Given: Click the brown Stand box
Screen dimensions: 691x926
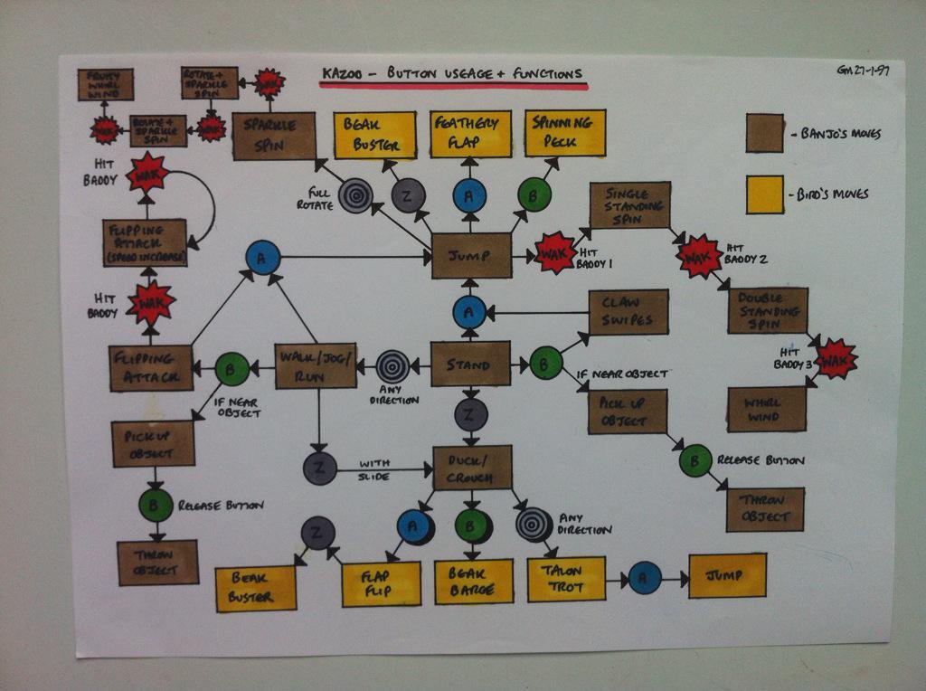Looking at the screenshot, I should [x=470, y=364].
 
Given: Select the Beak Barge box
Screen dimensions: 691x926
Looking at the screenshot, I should [x=473, y=582].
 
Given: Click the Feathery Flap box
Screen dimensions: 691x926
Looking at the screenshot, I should [x=470, y=135].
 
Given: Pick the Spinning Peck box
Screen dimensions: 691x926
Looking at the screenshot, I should [x=565, y=133].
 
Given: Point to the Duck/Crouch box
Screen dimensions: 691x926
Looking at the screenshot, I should [x=472, y=469].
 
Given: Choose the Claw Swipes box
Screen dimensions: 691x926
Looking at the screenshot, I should [x=628, y=313].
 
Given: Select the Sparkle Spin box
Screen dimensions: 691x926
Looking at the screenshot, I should [x=274, y=137].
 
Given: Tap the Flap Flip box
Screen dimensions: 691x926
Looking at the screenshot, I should [x=381, y=584].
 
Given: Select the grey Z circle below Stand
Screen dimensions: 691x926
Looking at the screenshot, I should [x=470, y=414].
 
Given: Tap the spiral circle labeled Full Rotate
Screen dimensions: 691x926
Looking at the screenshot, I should [x=355, y=193].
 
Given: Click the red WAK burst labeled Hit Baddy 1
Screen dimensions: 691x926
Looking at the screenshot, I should [x=553, y=253].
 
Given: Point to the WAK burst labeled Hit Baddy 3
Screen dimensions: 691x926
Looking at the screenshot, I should [x=835, y=358].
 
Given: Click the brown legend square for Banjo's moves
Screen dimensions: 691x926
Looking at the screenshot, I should [x=765, y=133].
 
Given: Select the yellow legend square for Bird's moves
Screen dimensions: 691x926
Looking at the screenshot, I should [x=765, y=194].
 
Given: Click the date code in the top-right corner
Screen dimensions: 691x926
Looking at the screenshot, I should [x=863, y=71].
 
